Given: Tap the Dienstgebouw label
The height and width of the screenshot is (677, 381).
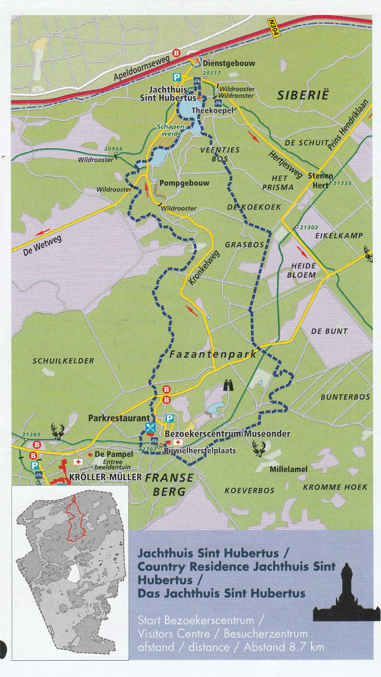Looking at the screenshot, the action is tap(229, 63).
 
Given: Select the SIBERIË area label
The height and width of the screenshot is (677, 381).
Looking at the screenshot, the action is tap(303, 95).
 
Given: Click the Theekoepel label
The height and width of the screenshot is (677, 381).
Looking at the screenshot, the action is tap(212, 110).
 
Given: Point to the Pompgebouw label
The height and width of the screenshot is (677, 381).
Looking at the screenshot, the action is tap(184, 183).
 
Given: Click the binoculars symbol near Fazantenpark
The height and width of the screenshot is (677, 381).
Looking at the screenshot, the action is tap(229, 385).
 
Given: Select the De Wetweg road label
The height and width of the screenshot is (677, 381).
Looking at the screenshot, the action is tap(42, 245).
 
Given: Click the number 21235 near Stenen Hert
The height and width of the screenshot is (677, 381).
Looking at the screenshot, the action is tap(342, 183).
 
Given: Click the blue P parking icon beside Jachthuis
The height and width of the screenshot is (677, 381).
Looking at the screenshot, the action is tap(176, 77).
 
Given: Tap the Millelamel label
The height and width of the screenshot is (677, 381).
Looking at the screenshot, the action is tap(288, 469).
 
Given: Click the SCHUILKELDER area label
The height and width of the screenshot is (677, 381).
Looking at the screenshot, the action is tap(64, 361).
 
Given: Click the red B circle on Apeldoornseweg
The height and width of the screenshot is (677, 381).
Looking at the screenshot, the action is tap(176, 53).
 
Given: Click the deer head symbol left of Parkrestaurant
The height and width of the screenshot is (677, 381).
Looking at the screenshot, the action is tap(58, 431).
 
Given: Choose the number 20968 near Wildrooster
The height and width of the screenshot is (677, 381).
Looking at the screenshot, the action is tap(113, 149).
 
